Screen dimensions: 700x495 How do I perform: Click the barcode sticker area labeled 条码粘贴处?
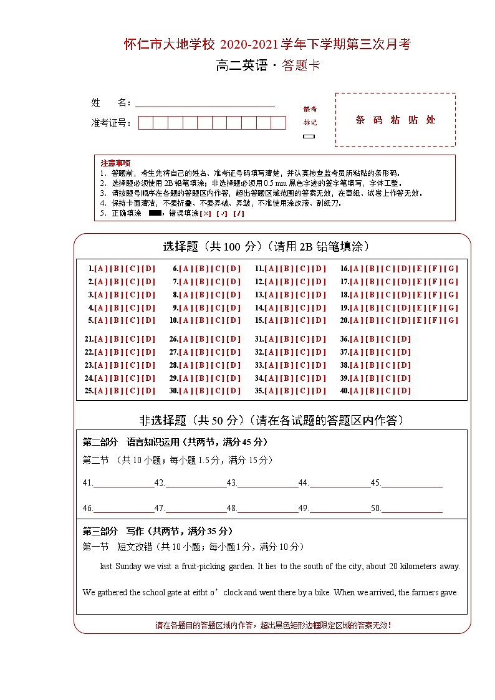point(395,120)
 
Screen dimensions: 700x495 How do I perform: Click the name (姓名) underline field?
point(205,103)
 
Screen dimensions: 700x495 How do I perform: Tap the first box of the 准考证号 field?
point(145,123)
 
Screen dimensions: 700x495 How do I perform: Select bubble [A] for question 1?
point(100,269)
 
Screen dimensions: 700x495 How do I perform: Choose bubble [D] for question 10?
point(233,320)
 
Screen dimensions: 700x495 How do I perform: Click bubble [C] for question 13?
point(303,295)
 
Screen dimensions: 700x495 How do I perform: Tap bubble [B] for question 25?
point(117,391)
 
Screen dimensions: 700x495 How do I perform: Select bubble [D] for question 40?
point(404,391)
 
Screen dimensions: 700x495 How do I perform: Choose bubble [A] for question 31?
point(271,339)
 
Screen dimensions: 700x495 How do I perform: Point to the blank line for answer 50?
point(411,509)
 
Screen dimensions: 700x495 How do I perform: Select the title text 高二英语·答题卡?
point(268,65)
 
